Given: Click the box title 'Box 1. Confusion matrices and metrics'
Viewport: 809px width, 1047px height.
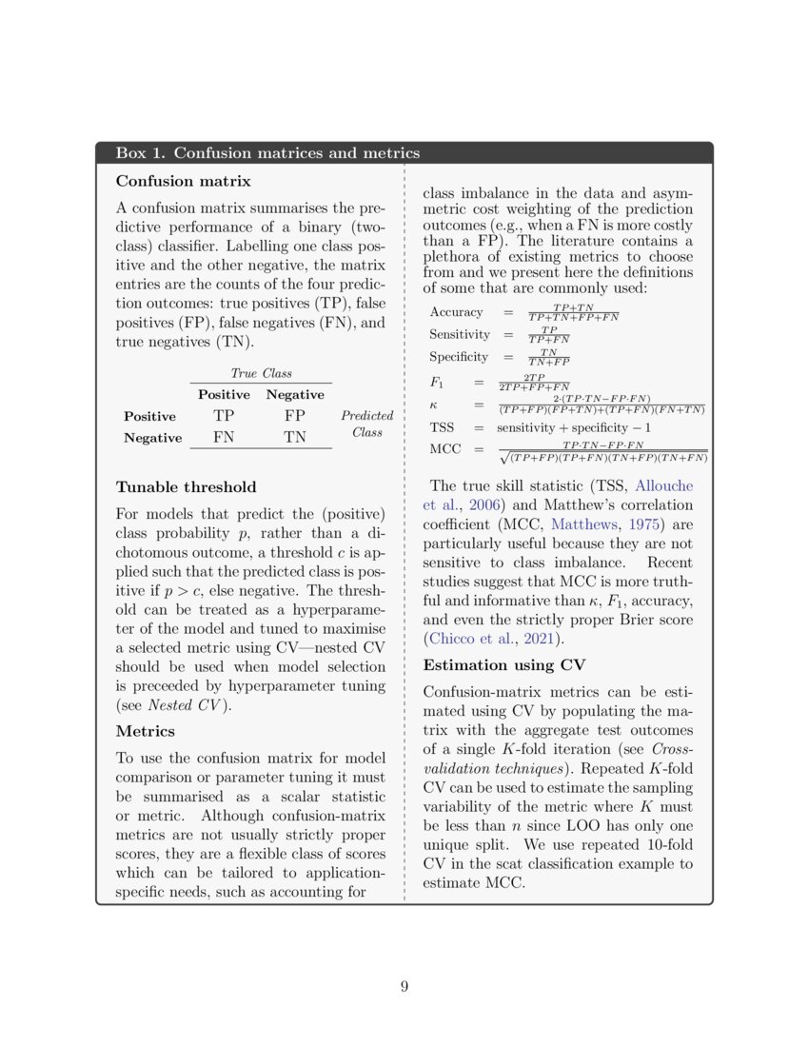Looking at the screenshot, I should tap(266, 153).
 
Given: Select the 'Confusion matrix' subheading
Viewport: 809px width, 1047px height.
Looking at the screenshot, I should tap(183, 181).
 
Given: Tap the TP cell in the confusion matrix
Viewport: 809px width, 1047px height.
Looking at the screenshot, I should tap(224, 416).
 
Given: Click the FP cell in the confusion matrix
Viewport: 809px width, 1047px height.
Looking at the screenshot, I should tap(294, 416).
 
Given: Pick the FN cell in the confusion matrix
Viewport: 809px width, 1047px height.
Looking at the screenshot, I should tap(224, 438).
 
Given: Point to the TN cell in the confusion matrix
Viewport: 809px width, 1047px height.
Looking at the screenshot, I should tap(294, 438).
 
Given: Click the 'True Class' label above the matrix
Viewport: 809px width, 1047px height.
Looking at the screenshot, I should tap(261, 373).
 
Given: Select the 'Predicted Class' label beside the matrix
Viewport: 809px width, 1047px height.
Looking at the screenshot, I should tap(366, 424).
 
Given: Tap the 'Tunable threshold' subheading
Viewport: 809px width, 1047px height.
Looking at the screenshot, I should tap(186, 487).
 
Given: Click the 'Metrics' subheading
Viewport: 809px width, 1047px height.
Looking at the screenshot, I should tap(146, 731).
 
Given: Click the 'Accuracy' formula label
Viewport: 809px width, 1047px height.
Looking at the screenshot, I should tap(456, 312).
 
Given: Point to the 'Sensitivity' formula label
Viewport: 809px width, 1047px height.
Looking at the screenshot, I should tap(460, 335).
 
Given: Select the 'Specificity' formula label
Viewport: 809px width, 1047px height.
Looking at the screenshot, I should tap(459, 357).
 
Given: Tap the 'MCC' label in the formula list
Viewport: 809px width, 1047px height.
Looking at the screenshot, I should tap(445, 449).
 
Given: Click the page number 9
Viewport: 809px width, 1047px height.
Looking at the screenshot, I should tap(404, 986).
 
